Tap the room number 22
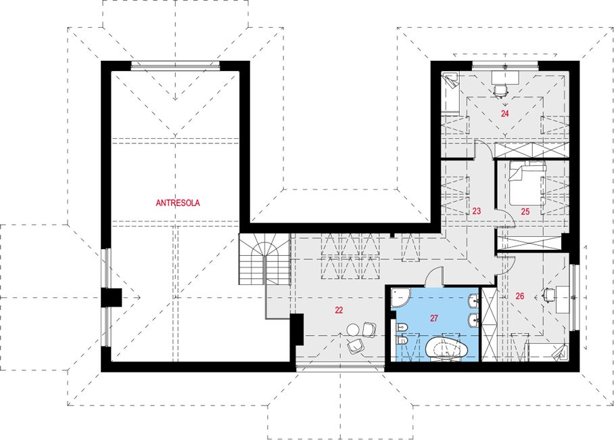(339, 310)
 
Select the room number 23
(476, 211)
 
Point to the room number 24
(504, 114)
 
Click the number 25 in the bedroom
(525, 212)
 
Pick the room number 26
(519, 296)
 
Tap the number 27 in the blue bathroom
(434, 318)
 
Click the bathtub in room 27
(447, 347)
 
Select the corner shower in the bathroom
(400, 298)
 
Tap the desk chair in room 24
(500, 91)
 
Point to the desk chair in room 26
(548, 294)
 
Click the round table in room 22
(354, 328)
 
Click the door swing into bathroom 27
(434, 277)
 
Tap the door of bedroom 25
(506, 219)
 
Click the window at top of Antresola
(175, 66)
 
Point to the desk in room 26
(563, 299)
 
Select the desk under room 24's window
(506, 78)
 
